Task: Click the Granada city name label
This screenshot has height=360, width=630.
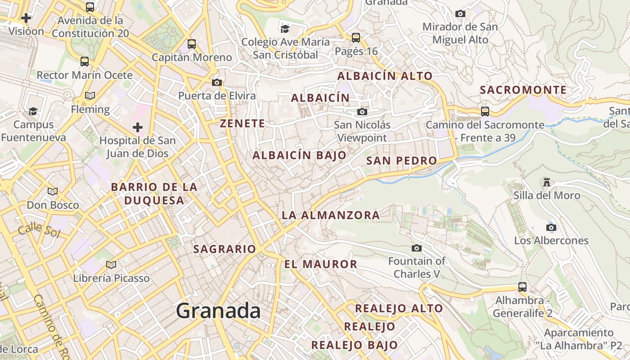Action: click(218, 311)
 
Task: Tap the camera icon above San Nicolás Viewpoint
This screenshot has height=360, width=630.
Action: click(362, 112)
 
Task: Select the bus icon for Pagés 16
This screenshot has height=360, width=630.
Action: click(356, 37)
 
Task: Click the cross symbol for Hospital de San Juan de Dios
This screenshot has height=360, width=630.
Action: click(138, 127)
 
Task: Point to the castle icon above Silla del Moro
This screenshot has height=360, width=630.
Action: click(547, 182)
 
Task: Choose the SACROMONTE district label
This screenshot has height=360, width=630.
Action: click(523, 90)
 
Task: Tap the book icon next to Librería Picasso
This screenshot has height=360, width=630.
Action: click(111, 265)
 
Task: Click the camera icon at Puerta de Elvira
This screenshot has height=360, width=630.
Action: click(217, 82)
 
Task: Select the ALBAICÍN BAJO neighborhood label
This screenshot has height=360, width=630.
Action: click(300, 156)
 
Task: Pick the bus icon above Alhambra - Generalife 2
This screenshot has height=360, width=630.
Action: click(522, 287)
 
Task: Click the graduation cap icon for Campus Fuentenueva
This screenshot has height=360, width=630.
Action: click(33, 111)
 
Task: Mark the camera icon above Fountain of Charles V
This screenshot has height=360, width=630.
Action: click(417, 248)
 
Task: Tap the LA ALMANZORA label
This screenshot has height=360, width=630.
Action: click(331, 216)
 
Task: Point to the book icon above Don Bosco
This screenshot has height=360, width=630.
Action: click(53, 192)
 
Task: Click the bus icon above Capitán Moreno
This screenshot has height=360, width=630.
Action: click(192, 44)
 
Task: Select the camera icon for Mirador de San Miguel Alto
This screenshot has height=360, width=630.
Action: click(460, 14)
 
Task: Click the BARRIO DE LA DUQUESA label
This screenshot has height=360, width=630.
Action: click(154, 193)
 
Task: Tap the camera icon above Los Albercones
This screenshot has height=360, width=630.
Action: click(551, 227)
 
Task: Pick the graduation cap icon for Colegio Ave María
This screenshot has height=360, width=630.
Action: click(285, 29)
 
